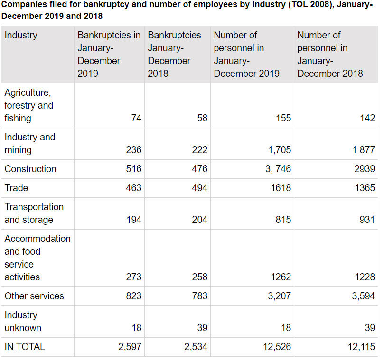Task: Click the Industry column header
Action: pos(21,36)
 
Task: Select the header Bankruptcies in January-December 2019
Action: pos(109,55)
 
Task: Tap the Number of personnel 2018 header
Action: pos(330,55)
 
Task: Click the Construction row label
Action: pos(30,169)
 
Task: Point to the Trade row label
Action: pos(16,188)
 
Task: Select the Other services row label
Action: pos(34,296)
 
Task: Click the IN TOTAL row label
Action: pos(25,347)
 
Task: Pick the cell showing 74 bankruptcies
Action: pos(136,119)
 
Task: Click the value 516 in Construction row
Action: pos(134,169)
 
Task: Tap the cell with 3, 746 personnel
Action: pos(278,169)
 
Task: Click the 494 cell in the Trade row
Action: pos(199,188)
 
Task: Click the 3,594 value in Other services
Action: pos(362,296)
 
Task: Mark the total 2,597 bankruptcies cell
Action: pos(130,347)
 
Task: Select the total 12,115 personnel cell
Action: pos(361,347)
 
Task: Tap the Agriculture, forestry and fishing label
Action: pos(28,105)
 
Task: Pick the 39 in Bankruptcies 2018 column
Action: pos(202,328)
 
